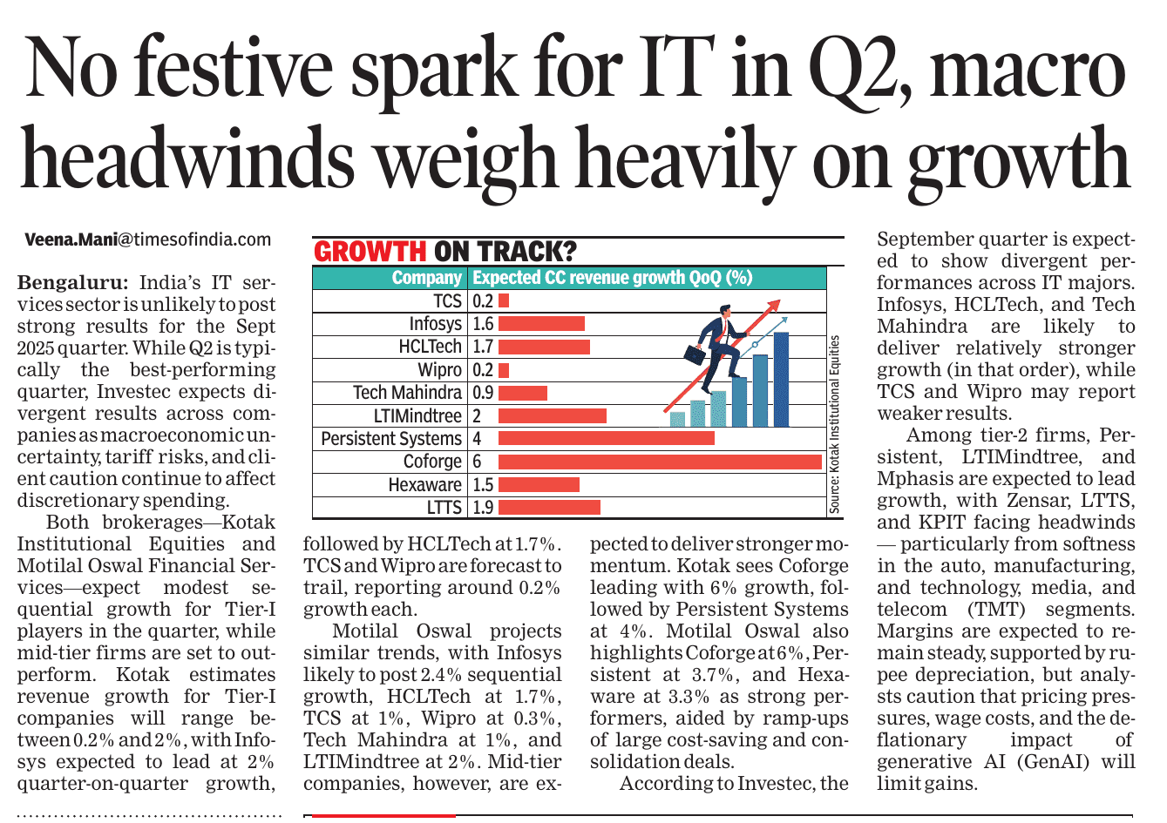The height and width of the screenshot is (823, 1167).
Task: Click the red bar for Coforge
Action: [660, 462]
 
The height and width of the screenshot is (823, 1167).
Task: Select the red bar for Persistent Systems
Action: [606, 438]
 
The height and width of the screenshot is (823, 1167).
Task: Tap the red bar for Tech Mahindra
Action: [522, 393]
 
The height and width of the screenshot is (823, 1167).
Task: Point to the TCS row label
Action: [447, 301]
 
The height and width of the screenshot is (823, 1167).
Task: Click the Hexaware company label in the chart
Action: [424, 484]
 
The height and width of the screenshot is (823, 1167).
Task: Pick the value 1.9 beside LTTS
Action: [483, 507]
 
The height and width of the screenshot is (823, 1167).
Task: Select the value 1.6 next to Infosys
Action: [483, 324]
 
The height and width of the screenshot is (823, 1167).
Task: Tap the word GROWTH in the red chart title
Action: [370, 252]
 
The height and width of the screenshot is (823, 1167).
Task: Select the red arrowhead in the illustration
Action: [770, 306]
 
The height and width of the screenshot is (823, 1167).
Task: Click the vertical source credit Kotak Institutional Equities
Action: [834, 424]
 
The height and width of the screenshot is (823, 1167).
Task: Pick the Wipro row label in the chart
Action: [439, 370]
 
